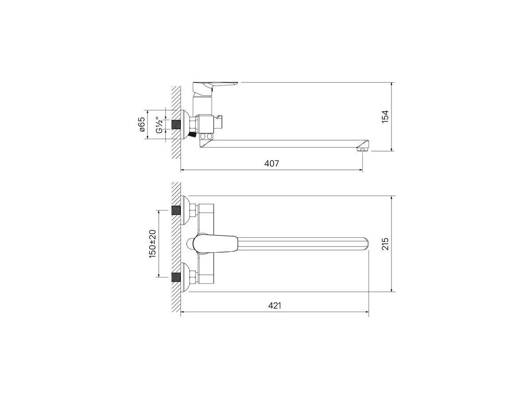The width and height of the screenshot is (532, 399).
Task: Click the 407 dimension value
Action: (271, 163)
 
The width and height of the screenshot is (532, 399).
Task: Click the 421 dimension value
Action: (274, 305)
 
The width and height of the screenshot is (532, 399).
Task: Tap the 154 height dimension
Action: (385, 117)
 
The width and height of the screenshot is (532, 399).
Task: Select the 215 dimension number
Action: (385, 244)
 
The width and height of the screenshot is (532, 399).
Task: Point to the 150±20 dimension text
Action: (153, 244)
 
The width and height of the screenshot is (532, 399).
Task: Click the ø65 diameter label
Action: (142, 125)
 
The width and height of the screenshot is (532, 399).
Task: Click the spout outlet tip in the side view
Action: (362, 148)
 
